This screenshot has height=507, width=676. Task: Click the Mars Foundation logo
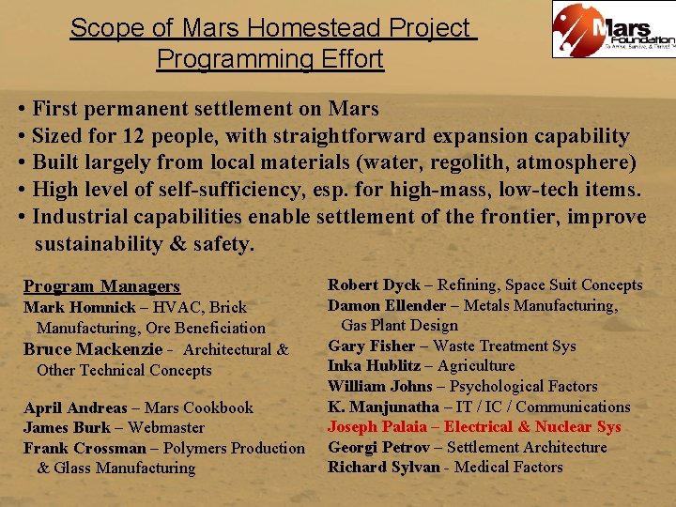(x=613, y=29)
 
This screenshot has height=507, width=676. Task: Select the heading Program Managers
(x=101, y=286)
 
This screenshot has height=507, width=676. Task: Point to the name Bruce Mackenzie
(x=82, y=349)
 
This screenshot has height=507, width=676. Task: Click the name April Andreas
(x=75, y=407)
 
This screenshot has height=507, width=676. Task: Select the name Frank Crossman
(x=85, y=448)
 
